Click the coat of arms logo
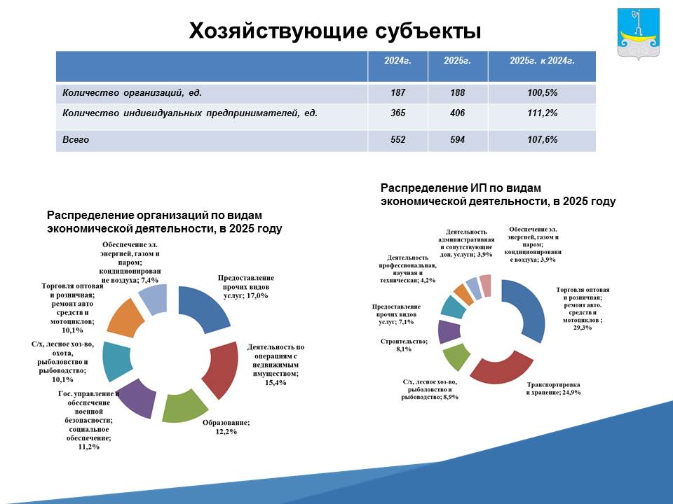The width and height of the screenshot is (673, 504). (638, 34)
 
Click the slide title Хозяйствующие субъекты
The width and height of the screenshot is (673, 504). (335, 31)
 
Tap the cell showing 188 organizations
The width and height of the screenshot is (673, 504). (458, 92)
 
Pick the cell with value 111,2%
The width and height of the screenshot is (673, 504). (542, 113)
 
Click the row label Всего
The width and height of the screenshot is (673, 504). (76, 140)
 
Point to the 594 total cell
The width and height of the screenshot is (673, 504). (458, 140)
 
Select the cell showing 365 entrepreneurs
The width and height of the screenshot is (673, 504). (397, 113)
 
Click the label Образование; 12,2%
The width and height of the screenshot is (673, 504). (226, 427)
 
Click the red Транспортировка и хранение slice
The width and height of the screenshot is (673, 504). (501, 368)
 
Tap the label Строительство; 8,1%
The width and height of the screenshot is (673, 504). (404, 345)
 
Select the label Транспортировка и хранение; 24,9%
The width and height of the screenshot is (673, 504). (554, 388)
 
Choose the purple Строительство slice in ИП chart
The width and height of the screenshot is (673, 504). (449, 332)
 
